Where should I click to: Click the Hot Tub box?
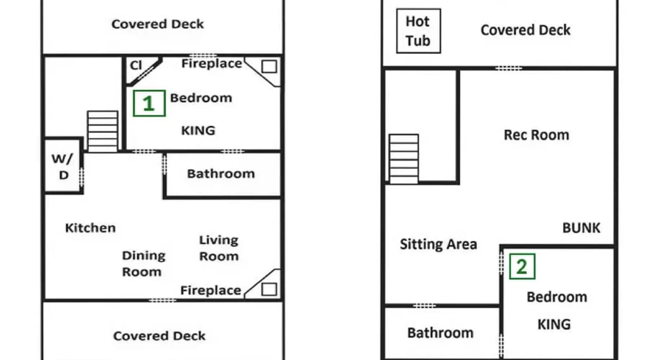coord(418,31)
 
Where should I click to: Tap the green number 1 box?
coord(149,103)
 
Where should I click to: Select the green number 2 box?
coord(522,266)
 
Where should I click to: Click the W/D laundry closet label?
coord(63,166)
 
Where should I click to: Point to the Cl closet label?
coord(136,65)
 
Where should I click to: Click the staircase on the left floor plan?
coord(103,131)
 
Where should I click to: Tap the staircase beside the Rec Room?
coord(404,159)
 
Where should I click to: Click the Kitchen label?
coord(90,228)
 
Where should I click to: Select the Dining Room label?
coord(143,264)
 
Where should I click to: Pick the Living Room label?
coord(219,248)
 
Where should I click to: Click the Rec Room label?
coord(536,135)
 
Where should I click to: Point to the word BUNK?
coord(581,228)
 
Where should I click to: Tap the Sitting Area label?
coord(438,244)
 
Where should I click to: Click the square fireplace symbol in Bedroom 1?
coord(269,67)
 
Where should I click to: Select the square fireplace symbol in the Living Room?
coord(269,289)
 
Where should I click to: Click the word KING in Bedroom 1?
coord(198,130)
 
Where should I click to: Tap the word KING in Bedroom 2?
coord(554,324)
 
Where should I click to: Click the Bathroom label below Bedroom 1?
coord(221,174)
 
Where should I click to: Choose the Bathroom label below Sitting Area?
coord(440,333)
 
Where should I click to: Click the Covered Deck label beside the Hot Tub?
coord(526,30)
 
